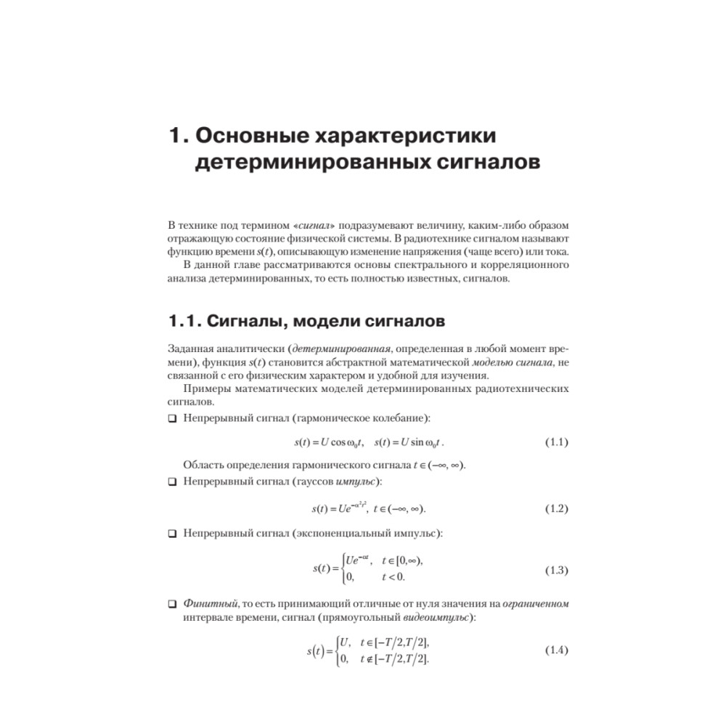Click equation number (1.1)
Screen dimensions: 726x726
click(556, 443)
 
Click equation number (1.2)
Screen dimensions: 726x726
click(556, 509)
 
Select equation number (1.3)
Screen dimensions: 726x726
click(556, 571)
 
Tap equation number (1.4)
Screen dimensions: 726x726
click(556, 650)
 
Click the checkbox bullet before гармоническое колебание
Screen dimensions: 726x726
click(172, 419)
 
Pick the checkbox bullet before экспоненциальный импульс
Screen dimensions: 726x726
click(172, 534)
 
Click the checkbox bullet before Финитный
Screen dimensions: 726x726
click(172, 604)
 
